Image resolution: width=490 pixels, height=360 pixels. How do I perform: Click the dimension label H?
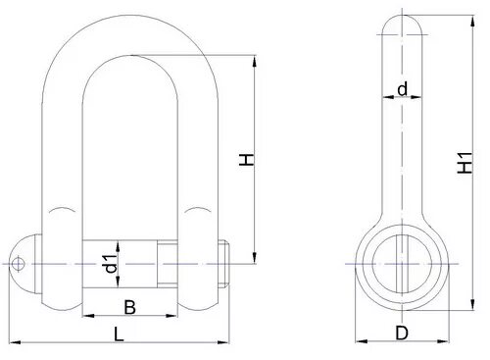pyautogui.click(x=247, y=159)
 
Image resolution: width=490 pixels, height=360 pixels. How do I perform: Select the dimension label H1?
pyautogui.click(x=465, y=163)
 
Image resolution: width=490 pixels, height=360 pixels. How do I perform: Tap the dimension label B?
pyautogui.click(x=129, y=307)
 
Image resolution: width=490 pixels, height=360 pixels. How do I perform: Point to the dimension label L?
pyautogui.click(x=119, y=334)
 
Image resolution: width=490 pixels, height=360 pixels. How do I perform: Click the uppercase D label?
pyautogui.click(x=402, y=334)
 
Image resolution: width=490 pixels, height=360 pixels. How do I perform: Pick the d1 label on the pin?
pyautogui.click(x=111, y=264)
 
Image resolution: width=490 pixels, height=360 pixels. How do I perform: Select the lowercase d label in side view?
pyautogui.click(x=402, y=89)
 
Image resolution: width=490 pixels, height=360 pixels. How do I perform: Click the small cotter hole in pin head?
pyautogui.click(x=18, y=264)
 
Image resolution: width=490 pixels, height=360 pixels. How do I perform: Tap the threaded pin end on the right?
pyautogui.click(x=223, y=264)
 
